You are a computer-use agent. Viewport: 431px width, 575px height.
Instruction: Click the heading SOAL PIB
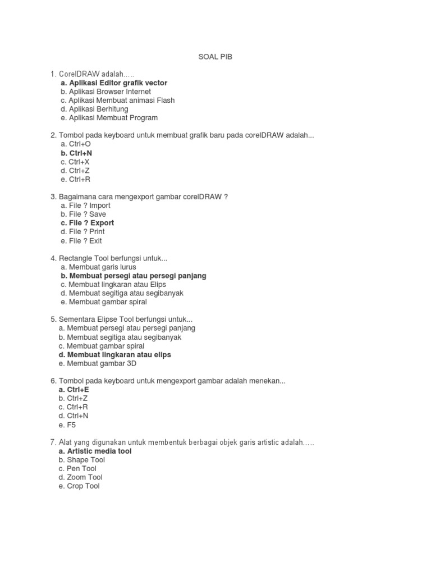tap(215, 57)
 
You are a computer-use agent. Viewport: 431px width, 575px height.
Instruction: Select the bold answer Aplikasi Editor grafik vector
tap(114, 83)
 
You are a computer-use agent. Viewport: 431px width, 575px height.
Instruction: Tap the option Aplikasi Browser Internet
tap(106, 92)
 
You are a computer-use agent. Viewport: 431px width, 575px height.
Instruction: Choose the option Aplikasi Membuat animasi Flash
tap(118, 101)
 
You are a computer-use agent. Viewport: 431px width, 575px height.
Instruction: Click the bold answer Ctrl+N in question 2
tap(76, 153)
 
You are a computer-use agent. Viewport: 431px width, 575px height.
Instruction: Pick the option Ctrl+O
tap(76, 144)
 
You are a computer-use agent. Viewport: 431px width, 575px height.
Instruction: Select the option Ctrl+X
tap(75, 162)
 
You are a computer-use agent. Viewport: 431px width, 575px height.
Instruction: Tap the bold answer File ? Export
tap(87, 223)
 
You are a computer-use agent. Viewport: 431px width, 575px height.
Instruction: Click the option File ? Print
tap(83, 231)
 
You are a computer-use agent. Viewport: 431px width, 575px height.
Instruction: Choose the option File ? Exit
tap(81, 240)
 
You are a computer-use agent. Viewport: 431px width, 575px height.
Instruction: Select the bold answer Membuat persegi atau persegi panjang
tap(133, 276)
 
